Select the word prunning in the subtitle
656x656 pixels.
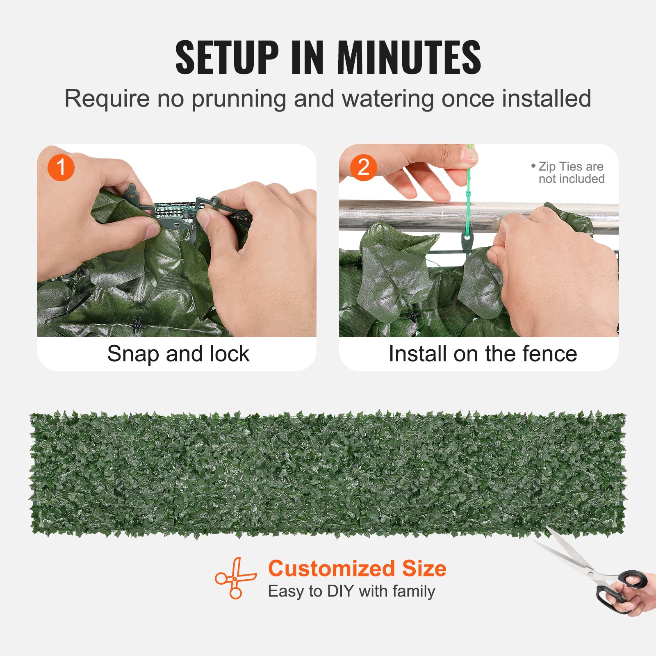239,99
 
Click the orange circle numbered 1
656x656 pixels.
61,167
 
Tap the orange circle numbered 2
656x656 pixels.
363,167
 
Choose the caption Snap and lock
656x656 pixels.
178,354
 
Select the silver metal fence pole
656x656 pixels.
410,215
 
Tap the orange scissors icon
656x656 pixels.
235,578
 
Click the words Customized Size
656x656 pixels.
357,569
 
